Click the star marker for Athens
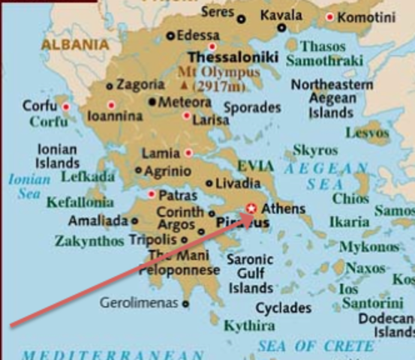coord(252,208)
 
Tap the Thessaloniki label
coord(233,57)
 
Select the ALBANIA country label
coord(75,44)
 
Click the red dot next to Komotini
coord(330,16)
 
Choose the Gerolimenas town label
coord(140,303)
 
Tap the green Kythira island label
coord(249,325)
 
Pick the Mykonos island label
coord(368,247)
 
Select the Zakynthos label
coord(89,241)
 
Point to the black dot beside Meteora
coord(153,101)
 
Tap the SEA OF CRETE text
coord(316,346)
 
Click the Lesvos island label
coord(368,133)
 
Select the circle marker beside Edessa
coord(170,35)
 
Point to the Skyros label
coord(315,151)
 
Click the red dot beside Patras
coord(152,194)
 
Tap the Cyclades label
coord(283,307)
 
